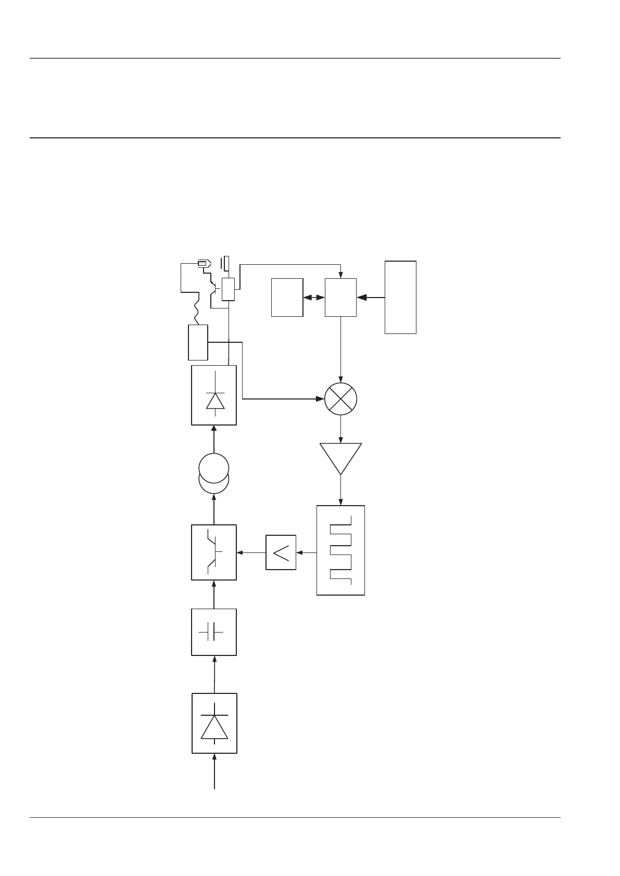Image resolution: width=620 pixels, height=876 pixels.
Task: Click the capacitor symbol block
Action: pos(214,632)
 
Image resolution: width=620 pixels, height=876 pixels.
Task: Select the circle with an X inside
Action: pos(340,399)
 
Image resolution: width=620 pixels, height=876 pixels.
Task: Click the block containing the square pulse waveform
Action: pos(340,550)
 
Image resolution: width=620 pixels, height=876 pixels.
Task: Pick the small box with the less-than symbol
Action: pos(281,552)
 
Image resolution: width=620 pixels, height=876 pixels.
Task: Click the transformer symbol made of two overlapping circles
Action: pos(214,473)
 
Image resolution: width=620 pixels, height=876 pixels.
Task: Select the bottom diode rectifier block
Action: pos(214,723)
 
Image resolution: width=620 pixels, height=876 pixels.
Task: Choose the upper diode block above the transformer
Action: pos(214,395)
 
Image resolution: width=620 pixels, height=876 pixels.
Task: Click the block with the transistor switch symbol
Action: pos(214,552)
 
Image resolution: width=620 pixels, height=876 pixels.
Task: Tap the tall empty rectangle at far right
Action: pos(400,297)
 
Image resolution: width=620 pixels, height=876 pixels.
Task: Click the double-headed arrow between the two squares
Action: pos(314,298)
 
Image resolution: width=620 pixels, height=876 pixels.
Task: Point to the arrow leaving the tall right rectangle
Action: pos(371,298)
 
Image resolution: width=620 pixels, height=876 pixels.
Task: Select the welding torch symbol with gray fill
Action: pos(203,264)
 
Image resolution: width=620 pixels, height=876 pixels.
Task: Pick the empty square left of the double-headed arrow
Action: pos(287,297)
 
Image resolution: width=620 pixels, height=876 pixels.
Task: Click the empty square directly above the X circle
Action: pos(340,297)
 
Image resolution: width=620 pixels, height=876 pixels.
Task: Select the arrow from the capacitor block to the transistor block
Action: pos(214,594)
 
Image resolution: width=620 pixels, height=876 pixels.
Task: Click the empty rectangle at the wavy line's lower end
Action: pos(198,342)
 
